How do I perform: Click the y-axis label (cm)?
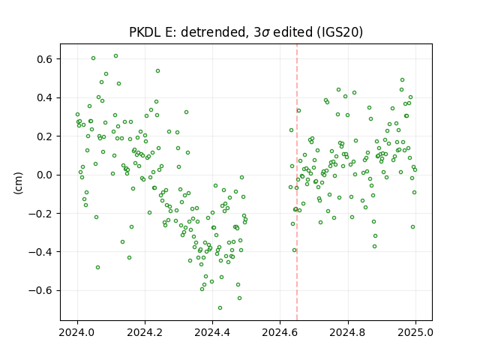click(18, 183)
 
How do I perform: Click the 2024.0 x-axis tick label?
click(77, 332)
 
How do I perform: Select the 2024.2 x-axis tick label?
click(145, 332)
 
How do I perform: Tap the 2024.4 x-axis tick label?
click(212, 332)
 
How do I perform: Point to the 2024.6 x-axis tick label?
click(280, 332)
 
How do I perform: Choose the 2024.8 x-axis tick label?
click(348, 332)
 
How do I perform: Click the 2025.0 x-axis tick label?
click(415, 332)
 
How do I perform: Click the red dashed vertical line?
click(297, 182)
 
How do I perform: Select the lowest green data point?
click(220, 308)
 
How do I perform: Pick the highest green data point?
click(115, 56)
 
